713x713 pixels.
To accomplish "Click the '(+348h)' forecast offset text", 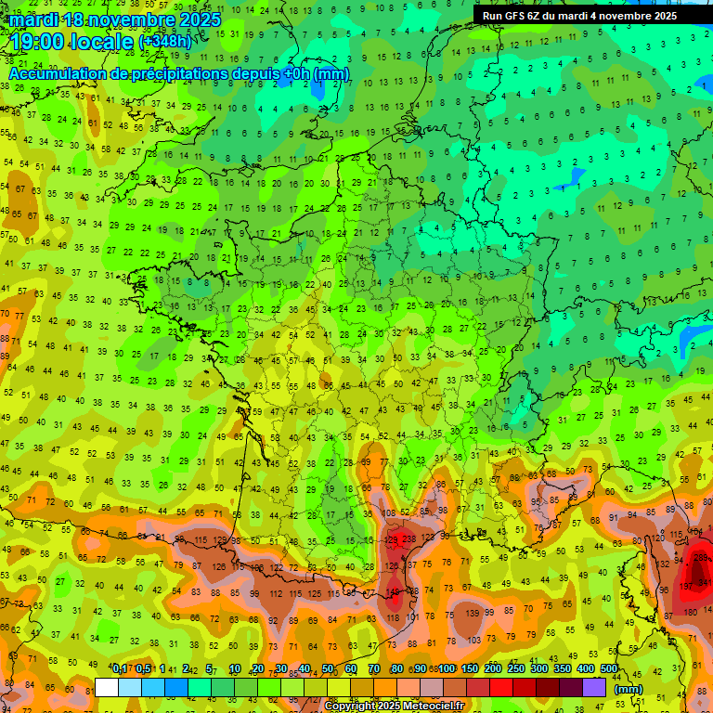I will coord(166,43).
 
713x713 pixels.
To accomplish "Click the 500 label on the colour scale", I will coord(608,669).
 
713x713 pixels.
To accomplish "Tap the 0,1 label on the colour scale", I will coord(120,669).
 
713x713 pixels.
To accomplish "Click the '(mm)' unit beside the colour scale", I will coord(629,689).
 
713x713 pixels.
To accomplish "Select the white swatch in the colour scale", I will coord(107,688).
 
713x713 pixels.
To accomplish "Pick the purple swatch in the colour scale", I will coord(594,688).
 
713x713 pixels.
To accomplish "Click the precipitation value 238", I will coord(409,540).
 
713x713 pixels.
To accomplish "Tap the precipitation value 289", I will coord(702,558).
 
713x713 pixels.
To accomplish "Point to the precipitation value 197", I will coord(687,586).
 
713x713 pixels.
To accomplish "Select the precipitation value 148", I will coord(395,590).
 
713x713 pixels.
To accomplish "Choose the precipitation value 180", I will coord(690,612).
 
